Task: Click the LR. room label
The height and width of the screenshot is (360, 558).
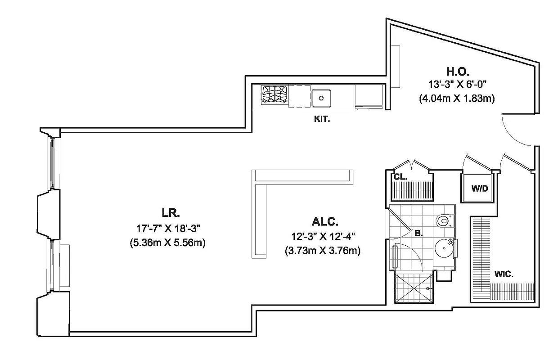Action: pos(171,212)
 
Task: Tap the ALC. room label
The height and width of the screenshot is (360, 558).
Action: pos(324,222)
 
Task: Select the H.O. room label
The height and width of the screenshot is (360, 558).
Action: pos(458,71)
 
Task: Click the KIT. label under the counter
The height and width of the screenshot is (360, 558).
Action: pos(322,120)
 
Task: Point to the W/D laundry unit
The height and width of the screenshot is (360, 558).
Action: pos(479,189)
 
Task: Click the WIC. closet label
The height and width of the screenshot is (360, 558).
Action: pos(504,274)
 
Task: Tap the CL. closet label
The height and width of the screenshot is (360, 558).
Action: pos(400,177)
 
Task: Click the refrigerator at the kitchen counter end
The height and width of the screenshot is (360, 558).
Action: pos(369,96)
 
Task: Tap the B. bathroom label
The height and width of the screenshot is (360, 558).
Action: pos(418,234)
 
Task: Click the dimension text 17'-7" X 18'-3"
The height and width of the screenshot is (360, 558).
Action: pos(171,228)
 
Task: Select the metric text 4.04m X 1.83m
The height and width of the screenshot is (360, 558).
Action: pos(457,99)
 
